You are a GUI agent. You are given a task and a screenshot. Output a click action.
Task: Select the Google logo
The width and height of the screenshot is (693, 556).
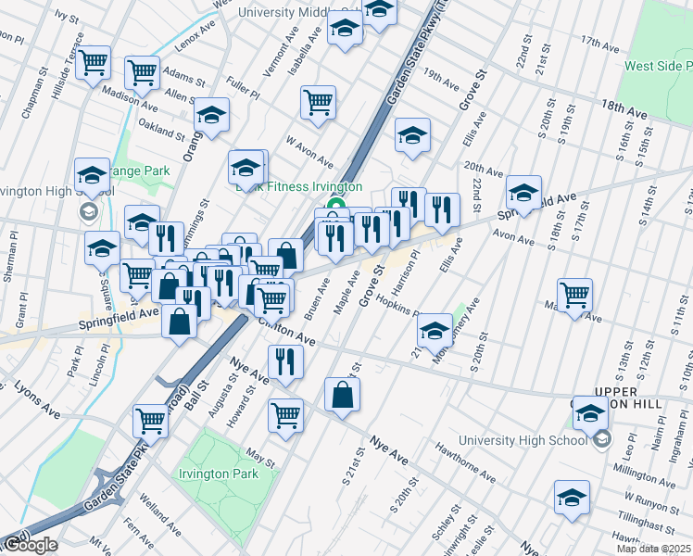30,545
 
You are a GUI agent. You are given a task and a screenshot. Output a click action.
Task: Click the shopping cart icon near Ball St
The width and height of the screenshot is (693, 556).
150,420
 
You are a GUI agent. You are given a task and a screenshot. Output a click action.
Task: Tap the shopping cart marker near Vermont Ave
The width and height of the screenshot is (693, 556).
318,102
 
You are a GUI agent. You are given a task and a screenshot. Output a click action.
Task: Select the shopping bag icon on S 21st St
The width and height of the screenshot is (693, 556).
343,394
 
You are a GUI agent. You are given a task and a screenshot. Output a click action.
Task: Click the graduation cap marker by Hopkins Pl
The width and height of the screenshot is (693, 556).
435,331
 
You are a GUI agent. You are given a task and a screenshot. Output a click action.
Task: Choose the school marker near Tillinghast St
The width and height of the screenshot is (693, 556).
572,496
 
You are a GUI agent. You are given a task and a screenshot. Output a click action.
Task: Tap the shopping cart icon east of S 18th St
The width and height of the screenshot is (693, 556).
575,294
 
